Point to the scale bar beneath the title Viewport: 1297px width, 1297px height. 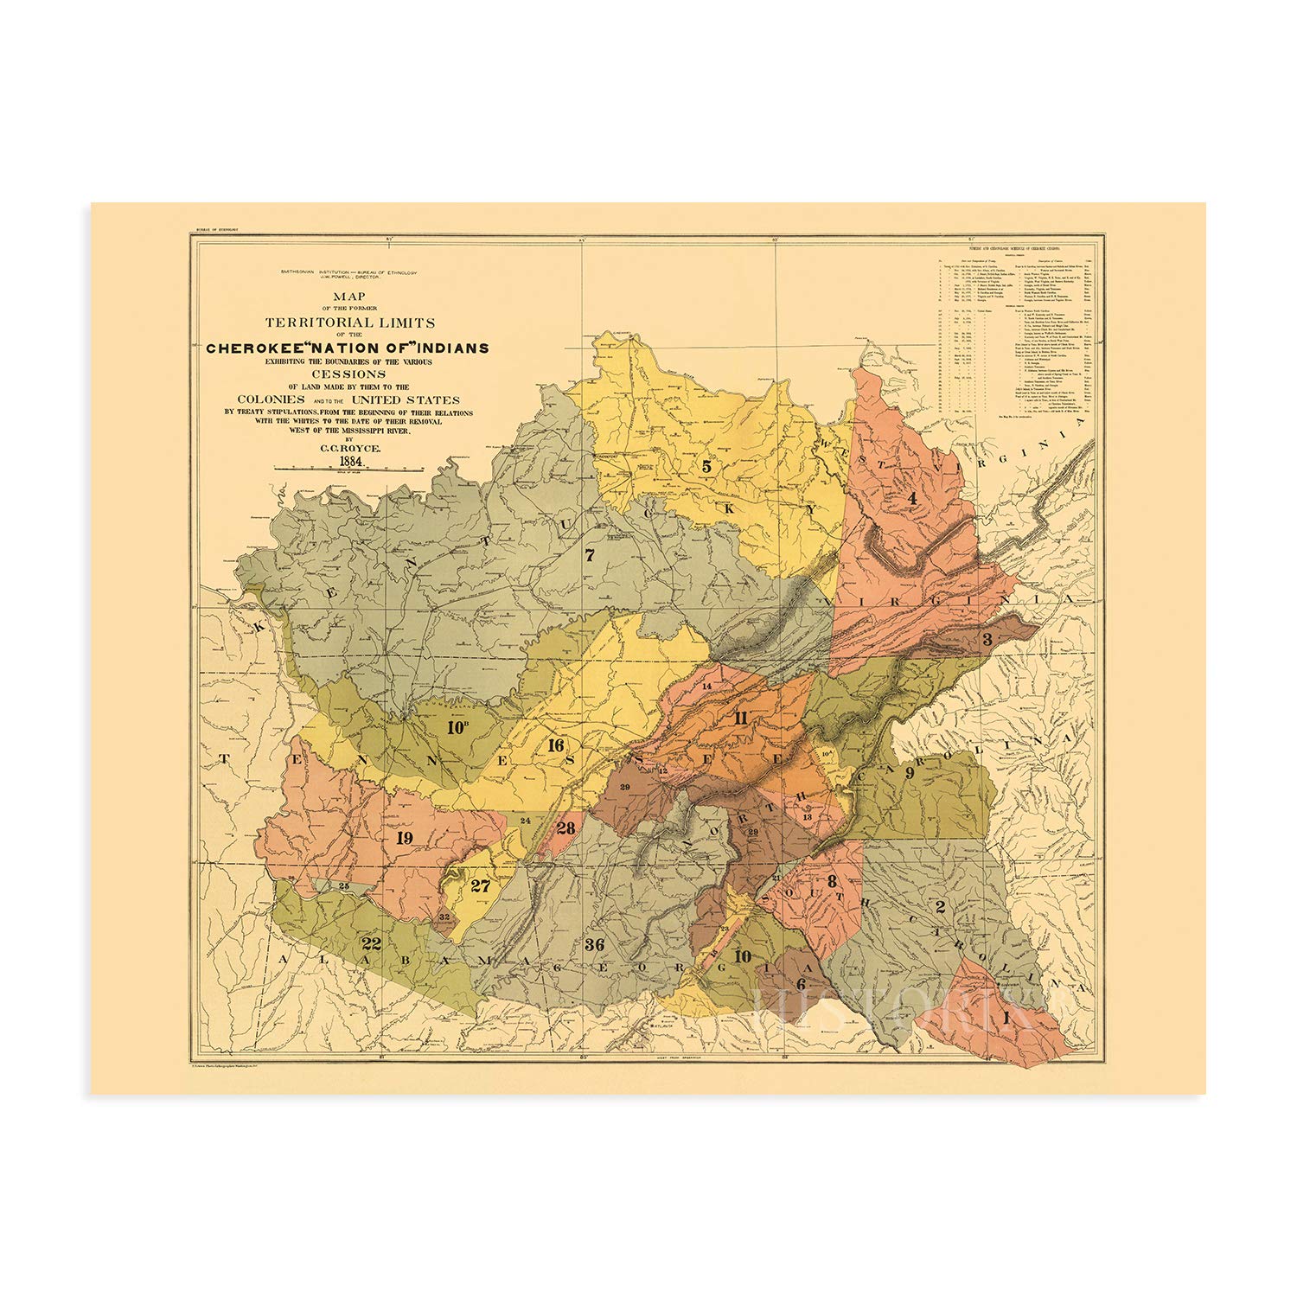tap(348, 470)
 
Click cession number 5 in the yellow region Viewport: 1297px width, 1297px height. tap(706, 466)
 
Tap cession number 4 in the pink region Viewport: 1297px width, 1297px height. tap(911, 498)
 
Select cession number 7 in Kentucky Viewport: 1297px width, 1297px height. tap(590, 555)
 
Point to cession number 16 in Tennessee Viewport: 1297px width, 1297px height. tap(554, 745)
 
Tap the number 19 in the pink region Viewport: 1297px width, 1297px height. tap(404, 837)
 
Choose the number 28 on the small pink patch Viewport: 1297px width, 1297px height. tap(565, 827)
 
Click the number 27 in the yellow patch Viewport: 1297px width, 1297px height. tap(480, 885)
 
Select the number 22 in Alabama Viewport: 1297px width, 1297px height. tap(371, 942)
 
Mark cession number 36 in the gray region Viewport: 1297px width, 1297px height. tap(594, 943)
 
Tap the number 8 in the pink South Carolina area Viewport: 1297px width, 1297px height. tap(832, 881)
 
